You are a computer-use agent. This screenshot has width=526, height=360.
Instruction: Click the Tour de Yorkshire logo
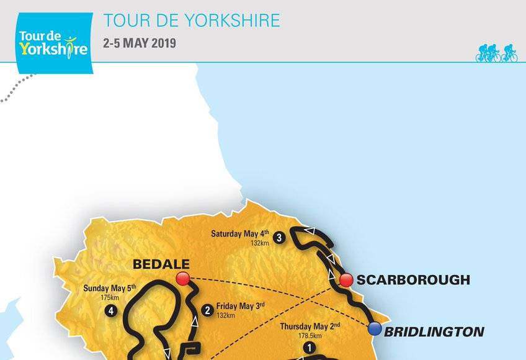54,42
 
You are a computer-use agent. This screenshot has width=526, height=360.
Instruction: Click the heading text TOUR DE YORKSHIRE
192,20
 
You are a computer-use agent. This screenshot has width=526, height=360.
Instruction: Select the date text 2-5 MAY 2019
140,43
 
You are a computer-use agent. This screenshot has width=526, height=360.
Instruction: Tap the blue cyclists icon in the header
496,53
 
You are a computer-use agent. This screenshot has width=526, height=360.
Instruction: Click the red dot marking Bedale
182,279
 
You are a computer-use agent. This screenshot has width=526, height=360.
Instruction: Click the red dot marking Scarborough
345,280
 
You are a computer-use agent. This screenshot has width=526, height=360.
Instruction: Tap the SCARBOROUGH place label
414,280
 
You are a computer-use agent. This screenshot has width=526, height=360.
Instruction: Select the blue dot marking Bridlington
374,330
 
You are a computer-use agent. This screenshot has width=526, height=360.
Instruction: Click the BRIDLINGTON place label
434,332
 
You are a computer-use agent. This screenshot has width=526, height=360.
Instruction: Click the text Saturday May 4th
239,234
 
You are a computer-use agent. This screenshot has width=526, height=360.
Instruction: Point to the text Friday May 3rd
241,305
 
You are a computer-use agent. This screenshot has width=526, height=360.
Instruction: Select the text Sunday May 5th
109,289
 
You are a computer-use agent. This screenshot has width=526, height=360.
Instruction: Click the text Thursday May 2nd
310,326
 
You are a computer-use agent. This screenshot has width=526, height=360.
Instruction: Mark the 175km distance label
109,298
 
